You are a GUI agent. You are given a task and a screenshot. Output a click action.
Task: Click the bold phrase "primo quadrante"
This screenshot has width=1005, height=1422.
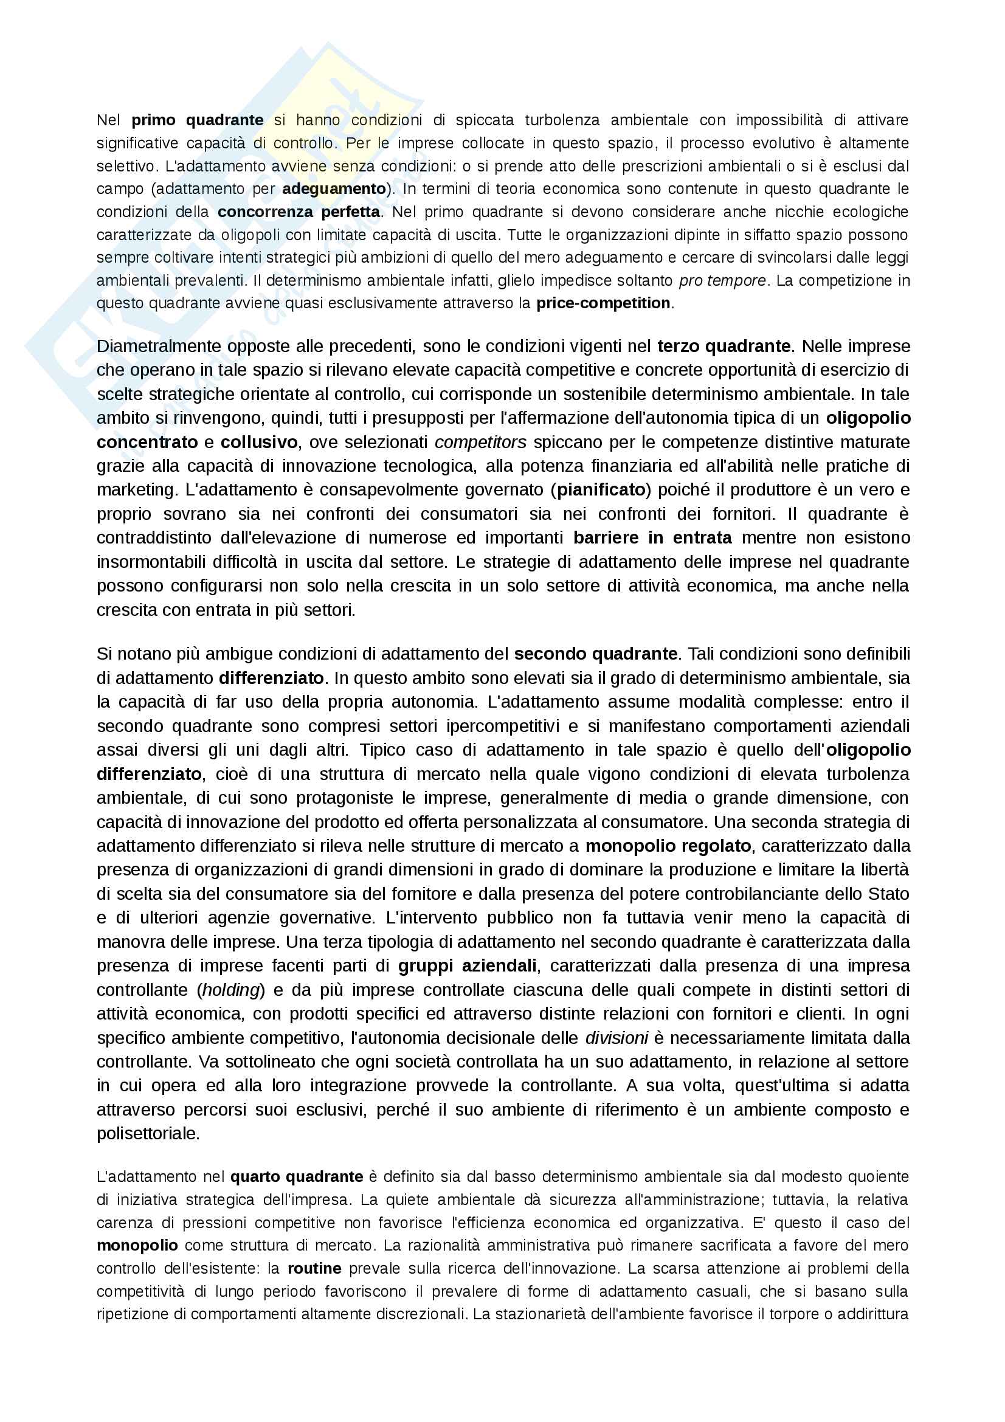[198, 120]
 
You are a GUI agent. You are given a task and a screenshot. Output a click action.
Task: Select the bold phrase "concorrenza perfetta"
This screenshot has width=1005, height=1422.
[299, 212]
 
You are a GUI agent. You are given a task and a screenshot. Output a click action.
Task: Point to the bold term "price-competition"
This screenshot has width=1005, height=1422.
[603, 303]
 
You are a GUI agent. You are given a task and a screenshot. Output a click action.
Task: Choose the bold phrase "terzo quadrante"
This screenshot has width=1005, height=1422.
[724, 346]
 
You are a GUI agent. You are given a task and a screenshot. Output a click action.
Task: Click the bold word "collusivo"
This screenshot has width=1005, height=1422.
[259, 442]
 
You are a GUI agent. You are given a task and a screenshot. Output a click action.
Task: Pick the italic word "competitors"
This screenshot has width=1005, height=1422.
[480, 442]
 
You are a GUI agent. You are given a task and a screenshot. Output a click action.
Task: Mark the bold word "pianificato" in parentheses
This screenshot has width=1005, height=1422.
[601, 490]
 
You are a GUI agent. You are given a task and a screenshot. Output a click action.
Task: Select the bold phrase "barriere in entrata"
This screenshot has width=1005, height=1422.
[652, 537]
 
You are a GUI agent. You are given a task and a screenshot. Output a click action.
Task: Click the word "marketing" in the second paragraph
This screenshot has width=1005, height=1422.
[136, 490]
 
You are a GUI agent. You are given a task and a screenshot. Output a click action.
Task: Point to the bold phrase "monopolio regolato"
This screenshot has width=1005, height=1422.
[668, 846]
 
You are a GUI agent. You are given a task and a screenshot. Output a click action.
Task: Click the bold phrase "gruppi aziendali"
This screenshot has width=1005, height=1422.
[467, 965]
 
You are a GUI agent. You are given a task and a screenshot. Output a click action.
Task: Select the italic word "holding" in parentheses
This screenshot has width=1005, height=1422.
[230, 990]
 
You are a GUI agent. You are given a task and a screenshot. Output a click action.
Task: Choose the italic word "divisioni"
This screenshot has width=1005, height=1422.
[616, 1038]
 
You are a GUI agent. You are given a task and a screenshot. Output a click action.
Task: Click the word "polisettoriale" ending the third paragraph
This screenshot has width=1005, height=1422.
[148, 1134]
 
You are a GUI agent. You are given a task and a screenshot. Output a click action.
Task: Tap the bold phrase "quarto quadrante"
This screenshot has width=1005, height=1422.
[297, 1177]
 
